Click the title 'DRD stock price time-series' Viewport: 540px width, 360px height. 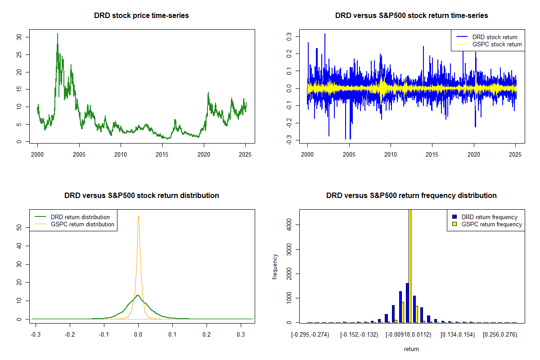point(141,16)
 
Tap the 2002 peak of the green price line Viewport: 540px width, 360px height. point(57,34)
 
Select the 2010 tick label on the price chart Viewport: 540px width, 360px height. point(121,155)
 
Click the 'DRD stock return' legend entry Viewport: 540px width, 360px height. point(495,37)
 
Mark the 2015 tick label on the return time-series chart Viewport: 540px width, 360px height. point(432,155)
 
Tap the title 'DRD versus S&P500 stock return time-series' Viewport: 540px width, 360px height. point(411,16)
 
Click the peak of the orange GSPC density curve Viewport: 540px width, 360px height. point(138,216)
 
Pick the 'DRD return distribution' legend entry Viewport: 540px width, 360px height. point(80,217)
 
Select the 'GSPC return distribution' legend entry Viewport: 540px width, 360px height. point(82,224)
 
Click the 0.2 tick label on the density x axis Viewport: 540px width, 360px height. point(207,335)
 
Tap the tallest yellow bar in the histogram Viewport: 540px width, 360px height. point(410,265)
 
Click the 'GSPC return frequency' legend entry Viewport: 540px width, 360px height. point(492,224)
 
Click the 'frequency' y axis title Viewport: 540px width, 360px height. point(275,267)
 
